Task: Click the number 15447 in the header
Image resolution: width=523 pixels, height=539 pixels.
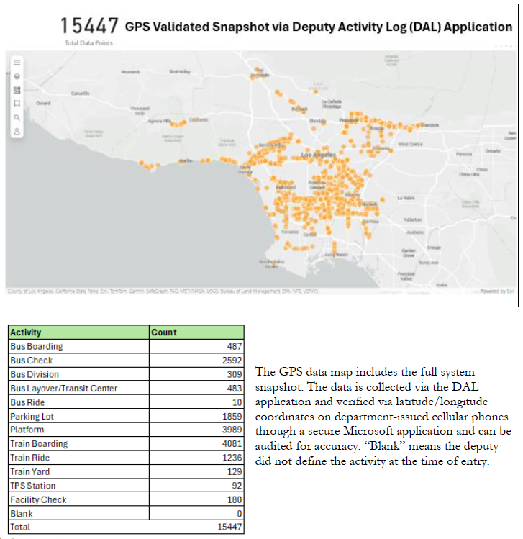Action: click(x=88, y=26)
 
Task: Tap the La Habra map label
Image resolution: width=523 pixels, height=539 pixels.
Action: click(x=406, y=197)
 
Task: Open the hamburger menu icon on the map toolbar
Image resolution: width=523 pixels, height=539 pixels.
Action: click(x=17, y=63)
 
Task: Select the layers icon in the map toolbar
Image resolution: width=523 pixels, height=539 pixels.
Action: click(x=17, y=76)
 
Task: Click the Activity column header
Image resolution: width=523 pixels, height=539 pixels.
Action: click(x=26, y=332)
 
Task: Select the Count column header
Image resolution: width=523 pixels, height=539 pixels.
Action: click(x=164, y=332)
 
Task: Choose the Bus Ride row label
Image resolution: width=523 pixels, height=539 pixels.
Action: click(x=27, y=402)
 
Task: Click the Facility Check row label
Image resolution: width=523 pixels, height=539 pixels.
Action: click(x=38, y=500)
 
